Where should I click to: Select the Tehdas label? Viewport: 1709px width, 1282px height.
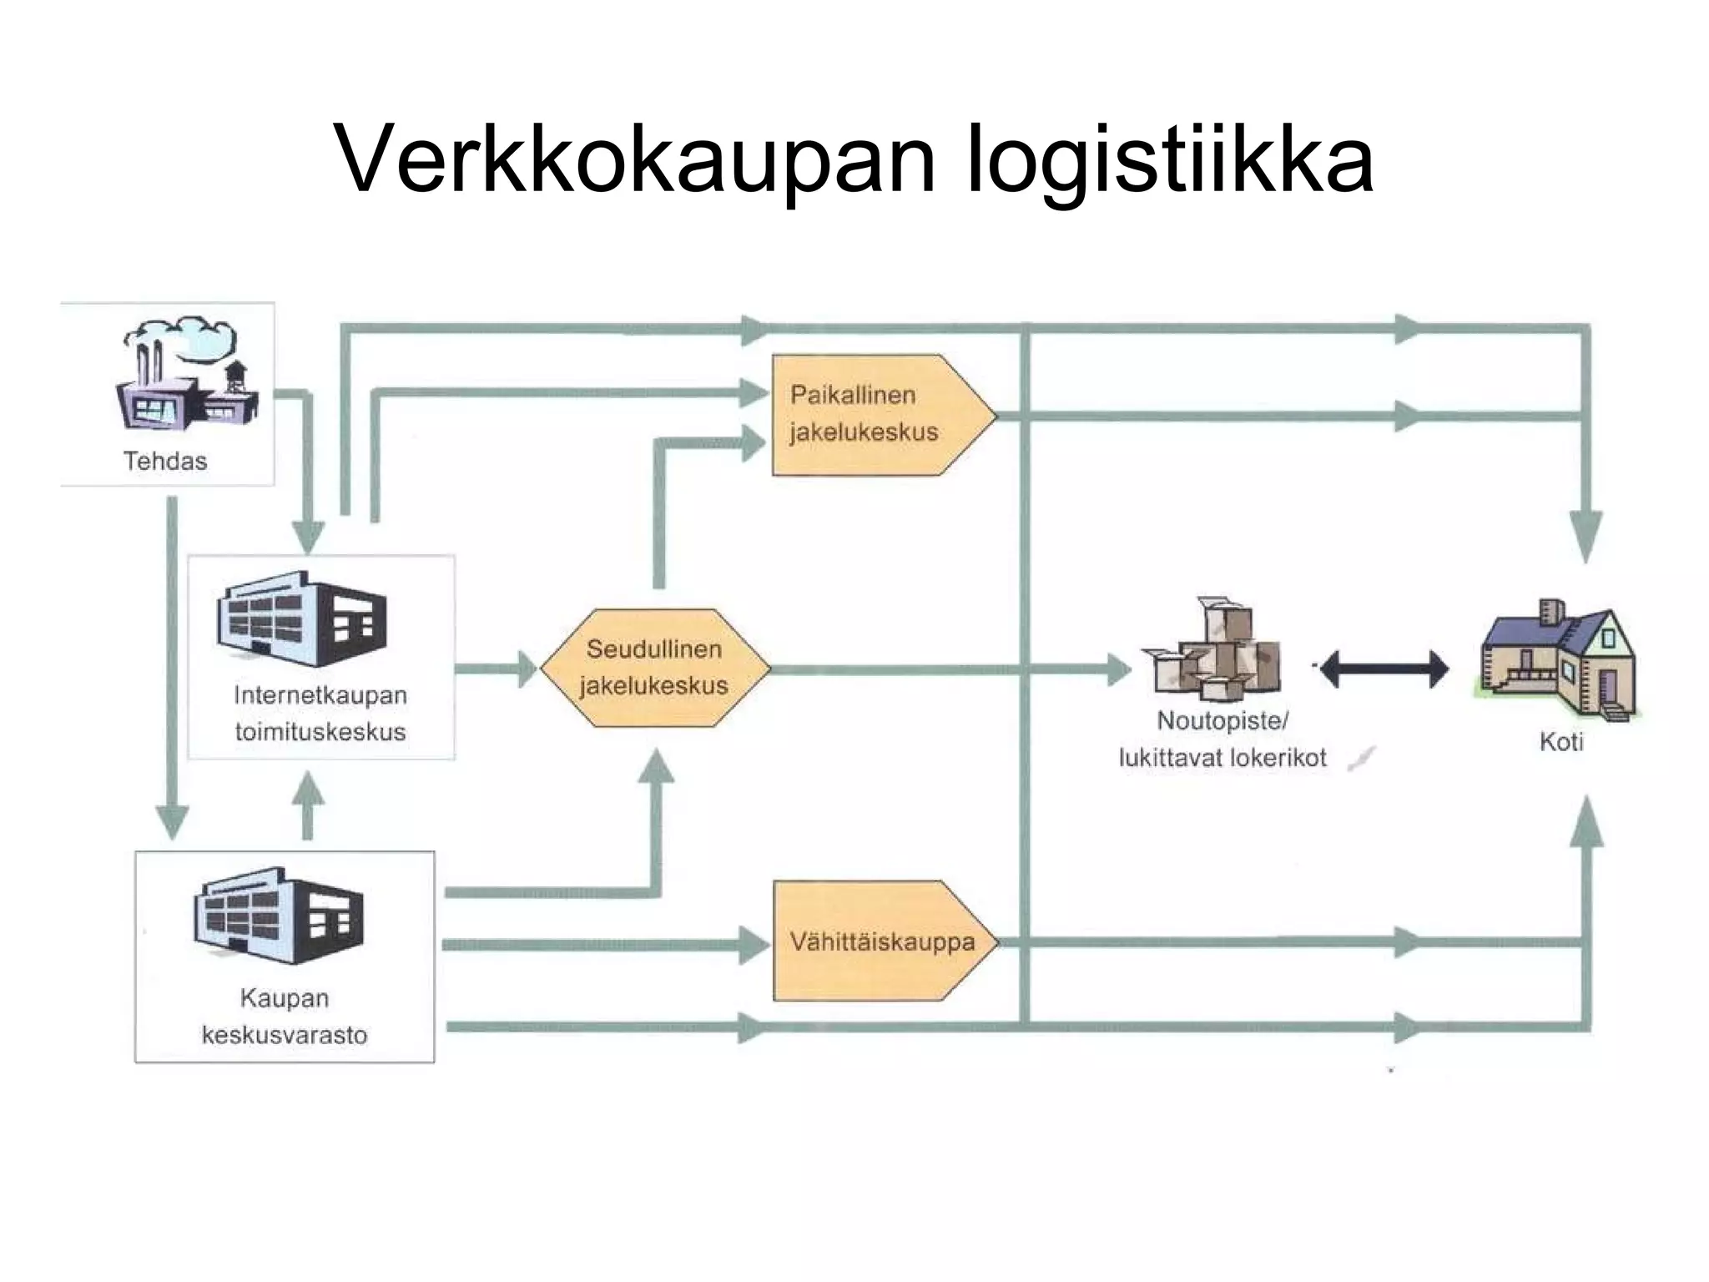165,461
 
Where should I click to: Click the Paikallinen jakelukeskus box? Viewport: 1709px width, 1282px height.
876,415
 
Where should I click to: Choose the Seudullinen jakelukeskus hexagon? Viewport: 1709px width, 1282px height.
654,668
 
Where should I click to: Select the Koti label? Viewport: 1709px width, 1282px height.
1560,742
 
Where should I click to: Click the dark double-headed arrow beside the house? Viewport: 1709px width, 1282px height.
1384,669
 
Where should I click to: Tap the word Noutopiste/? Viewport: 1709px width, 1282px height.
1223,721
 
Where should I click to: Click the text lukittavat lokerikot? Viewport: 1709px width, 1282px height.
1223,758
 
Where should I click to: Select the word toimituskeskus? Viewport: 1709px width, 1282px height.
320,732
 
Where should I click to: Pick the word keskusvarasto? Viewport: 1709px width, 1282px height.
285,1035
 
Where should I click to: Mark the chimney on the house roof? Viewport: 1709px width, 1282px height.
1552,612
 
